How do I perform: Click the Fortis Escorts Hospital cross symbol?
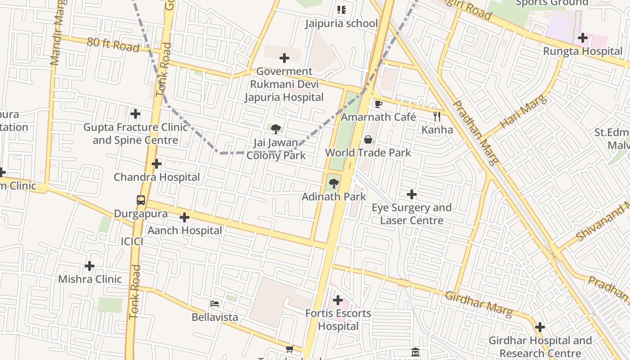coord(338,300)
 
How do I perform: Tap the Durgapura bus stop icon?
coord(141,200)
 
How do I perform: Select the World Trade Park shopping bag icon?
coord(368,139)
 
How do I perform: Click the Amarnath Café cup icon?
coord(378,104)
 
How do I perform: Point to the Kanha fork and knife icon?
coord(437,117)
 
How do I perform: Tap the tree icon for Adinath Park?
coord(333,183)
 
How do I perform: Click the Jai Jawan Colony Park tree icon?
coord(276,129)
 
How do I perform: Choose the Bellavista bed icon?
coord(215,304)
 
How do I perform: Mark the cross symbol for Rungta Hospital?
coord(583,38)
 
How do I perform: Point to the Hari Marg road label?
coord(524,111)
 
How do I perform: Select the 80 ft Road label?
coord(113,44)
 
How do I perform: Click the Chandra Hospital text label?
coord(157,177)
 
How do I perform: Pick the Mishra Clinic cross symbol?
coord(90,266)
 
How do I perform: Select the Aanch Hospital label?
coord(185,230)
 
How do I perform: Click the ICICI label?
coord(132,242)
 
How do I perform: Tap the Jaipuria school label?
coord(341,23)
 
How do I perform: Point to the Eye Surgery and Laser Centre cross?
coord(411,194)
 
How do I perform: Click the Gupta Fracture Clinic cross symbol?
coord(135,114)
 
